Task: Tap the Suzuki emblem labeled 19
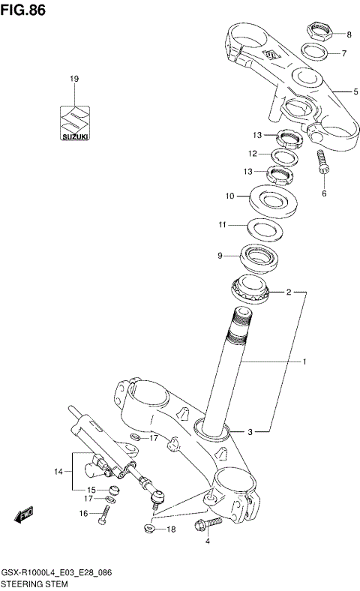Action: (74, 121)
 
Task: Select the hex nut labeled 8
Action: (319, 33)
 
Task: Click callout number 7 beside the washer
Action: (344, 54)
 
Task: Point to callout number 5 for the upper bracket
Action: (356, 91)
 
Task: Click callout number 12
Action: (254, 154)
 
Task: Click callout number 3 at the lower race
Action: (250, 432)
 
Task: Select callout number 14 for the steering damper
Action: (58, 472)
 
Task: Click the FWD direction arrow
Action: (25, 515)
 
